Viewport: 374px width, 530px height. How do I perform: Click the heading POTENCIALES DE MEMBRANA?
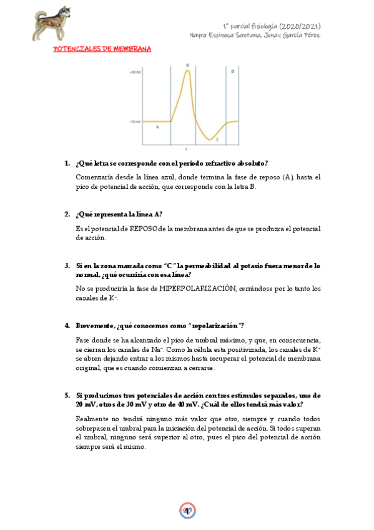[x=102, y=48]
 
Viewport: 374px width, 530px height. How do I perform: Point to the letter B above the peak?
[x=187, y=65]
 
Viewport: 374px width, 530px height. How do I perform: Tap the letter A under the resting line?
[x=157, y=126]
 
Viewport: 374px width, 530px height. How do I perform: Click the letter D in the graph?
[x=232, y=72]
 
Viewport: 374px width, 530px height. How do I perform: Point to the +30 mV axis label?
[x=135, y=72]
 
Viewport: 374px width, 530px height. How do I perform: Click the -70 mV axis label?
[x=135, y=121]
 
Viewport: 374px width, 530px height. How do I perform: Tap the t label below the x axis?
[x=186, y=149]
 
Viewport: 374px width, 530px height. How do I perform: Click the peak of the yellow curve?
[x=187, y=71]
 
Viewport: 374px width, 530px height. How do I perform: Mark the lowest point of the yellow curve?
[x=212, y=140]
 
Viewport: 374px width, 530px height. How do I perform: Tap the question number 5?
[x=67, y=396]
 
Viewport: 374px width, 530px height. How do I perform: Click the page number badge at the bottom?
[x=187, y=512]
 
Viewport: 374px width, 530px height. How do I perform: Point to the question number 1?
[x=67, y=163]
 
